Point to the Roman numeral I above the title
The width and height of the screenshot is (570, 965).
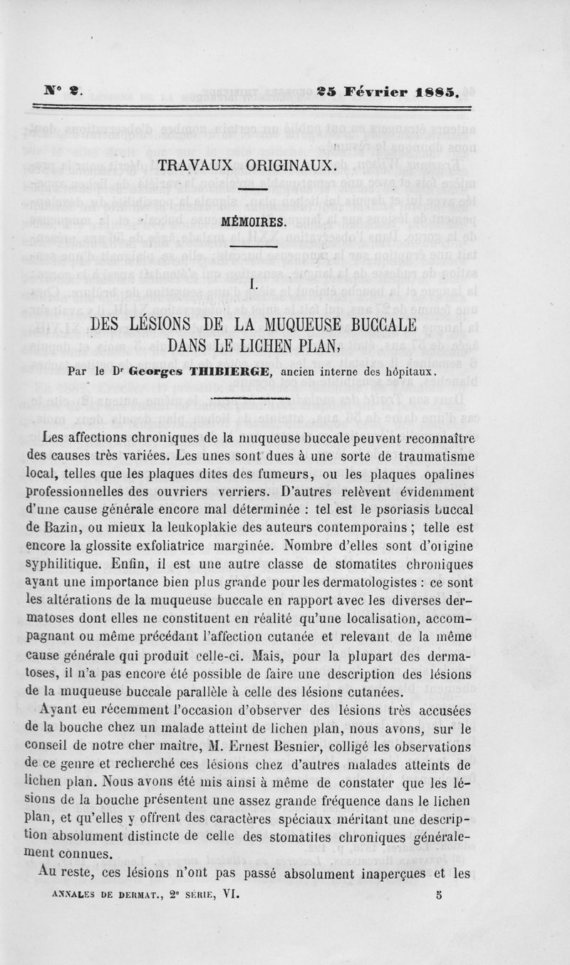[x=252, y=284]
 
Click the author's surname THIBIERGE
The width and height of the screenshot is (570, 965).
[x=229, y=371]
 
